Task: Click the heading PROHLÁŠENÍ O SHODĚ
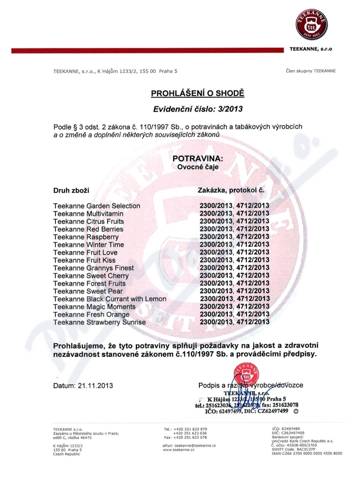click(197, 94)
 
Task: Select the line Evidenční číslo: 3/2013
click(197, 109)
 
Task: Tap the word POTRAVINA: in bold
click(198, 159)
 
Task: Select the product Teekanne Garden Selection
click(97, 206)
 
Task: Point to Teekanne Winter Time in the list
click(89, 245)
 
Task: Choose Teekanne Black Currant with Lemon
click(110, 299)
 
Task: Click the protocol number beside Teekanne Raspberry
click(234, 237)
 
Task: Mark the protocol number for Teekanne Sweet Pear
click(234, 291)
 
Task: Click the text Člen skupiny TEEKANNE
click(310, 71)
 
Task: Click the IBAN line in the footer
click(307, 453)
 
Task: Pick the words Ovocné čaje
click(198, 167)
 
